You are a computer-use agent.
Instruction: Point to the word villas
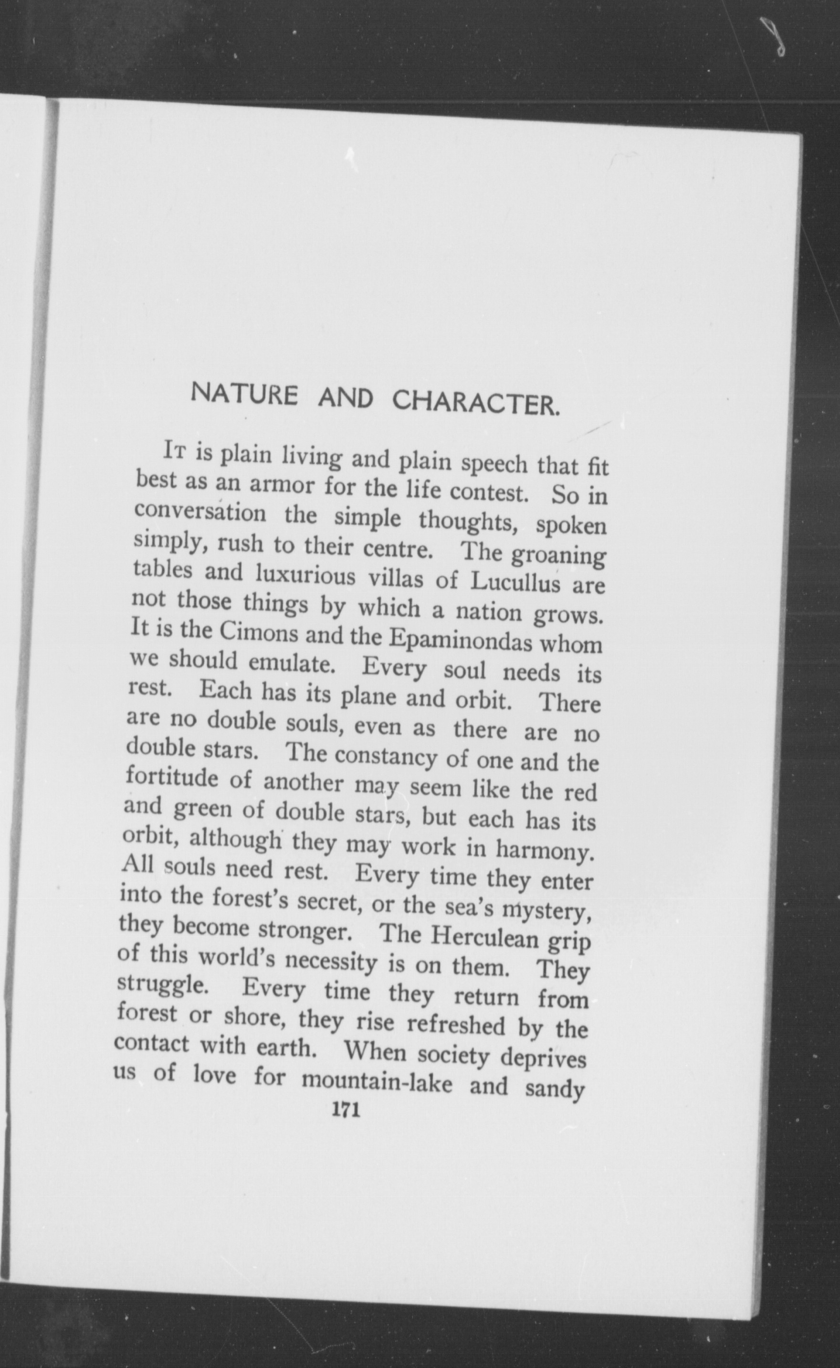pos(394,578)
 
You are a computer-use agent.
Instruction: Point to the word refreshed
pos(455,1024)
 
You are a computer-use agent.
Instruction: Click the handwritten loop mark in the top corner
pos(776,36)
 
